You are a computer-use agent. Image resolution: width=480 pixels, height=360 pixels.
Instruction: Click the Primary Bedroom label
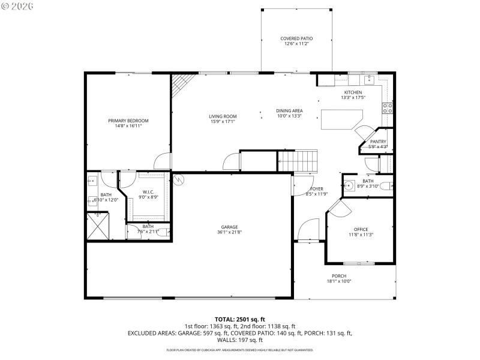pyautogui.click(x=128, y=121)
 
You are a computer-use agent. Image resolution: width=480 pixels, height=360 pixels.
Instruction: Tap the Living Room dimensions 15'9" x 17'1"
pyautogui.click(x=222, y=122)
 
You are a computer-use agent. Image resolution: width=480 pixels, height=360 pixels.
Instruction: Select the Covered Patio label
pyautogui.click(x=296, y=38)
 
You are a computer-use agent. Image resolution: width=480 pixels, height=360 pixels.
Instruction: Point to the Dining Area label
pyautogui.click(x=289, y=110)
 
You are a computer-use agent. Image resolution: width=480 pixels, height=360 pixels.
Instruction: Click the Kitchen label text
pyautogui.click(x=352, y=92)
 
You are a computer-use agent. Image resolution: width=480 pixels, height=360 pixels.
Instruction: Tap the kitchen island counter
pyautogui.click(x=343, y=119)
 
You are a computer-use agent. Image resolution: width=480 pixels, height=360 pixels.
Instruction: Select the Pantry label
pyautogui.click(x=378, y=142)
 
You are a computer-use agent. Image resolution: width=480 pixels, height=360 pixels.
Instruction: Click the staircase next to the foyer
pyautogui.click(x=296, y=160)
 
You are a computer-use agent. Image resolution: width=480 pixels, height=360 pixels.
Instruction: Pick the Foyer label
pyautogui.click(x=316, y=189)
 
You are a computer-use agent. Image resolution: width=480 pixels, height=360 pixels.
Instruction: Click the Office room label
pyautogui.click(x=361, y=230)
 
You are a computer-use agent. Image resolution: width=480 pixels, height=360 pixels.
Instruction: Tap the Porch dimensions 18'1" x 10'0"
pyautogui.click(x=339, y=281)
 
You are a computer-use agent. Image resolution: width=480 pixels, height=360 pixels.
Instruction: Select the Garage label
pyautogui.click(x=230, y=227)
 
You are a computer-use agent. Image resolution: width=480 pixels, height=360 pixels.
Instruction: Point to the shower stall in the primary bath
pyautogui.click(x=98, y=227)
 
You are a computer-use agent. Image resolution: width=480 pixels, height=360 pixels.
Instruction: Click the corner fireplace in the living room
pyautogui.click(x=179, y=85)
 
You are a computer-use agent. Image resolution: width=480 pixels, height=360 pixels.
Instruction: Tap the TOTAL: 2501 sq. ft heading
pyautogui.click(x=240, y=319)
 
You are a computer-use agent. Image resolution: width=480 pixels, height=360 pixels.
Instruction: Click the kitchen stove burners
pyautogui.click(x=388, y=108)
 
